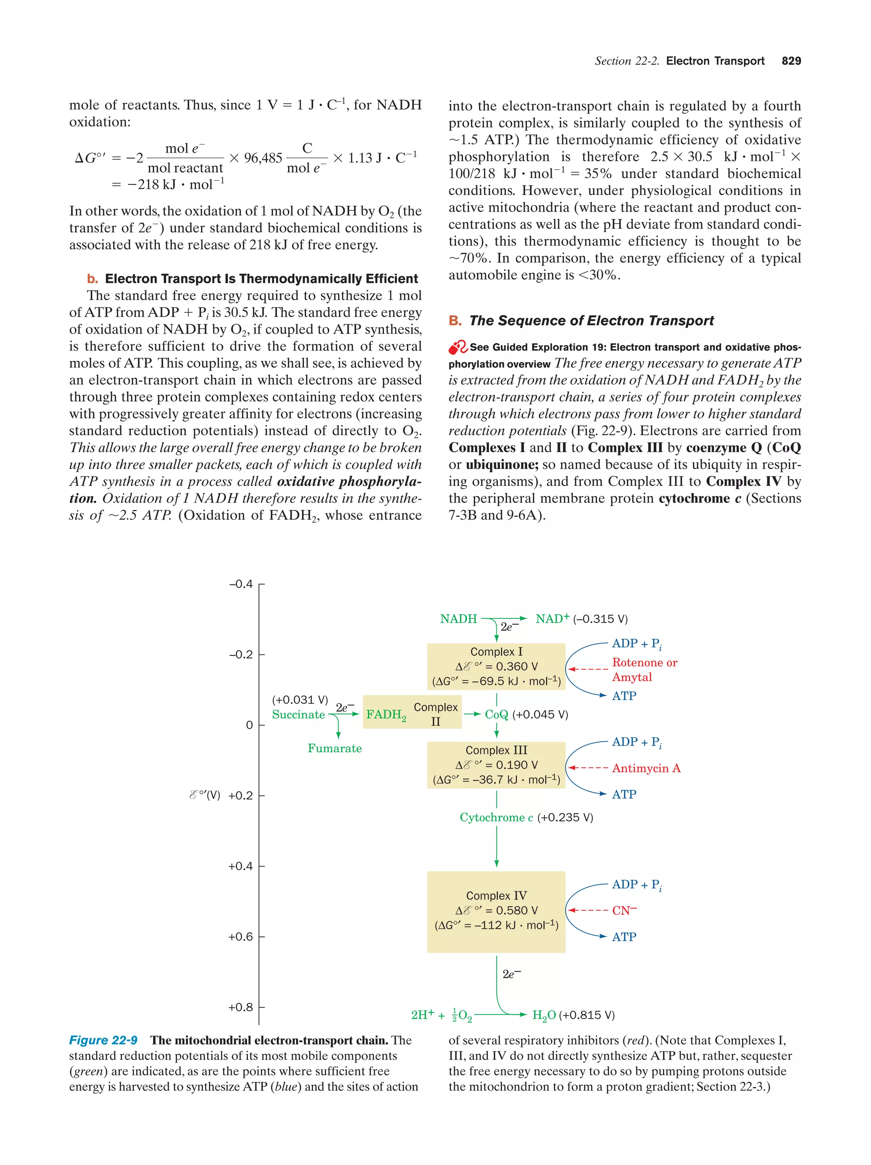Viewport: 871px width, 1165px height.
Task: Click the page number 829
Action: pos(791,61)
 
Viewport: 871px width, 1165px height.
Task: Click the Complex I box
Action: pos(496,666)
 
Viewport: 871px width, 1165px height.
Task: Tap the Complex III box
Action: pos(496,765)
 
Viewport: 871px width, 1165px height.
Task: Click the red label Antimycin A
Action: pos(646,768)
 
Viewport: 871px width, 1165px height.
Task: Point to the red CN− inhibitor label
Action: pos(624,910)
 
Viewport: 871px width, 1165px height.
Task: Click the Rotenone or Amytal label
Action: pos(644,670)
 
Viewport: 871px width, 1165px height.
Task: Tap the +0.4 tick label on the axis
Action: pos(240,866)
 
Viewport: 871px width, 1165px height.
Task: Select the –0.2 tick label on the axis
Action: pos(240,655)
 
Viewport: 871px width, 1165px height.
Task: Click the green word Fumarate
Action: pos(335,748)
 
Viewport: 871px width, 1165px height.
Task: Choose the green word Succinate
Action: pos(298,715)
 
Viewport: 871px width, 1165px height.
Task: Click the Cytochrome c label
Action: pos(496,817)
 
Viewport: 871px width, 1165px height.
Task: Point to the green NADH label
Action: pos(458,619)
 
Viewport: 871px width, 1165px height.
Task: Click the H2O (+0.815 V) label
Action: pos(573,1015)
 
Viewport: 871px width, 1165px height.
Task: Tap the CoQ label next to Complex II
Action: pos(496,715)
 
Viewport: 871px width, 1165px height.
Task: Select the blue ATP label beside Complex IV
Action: pos(624,937)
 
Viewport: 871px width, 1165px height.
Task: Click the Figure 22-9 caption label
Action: pos(103,1040)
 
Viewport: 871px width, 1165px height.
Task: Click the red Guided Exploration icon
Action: pos(457,348)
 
